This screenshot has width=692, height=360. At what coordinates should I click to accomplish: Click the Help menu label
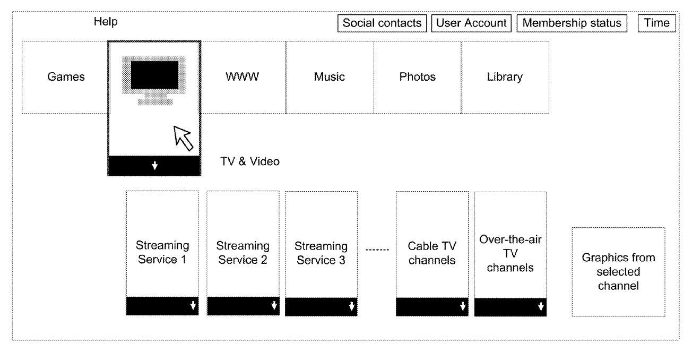(x=106, y=22)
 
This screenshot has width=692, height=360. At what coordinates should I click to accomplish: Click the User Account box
(x=471, y=23)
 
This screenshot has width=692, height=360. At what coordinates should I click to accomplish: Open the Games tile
(x=65, y=77)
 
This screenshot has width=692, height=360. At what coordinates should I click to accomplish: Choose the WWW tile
(x=243, y=77)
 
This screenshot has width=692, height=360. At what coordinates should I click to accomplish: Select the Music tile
(x=330, y=77)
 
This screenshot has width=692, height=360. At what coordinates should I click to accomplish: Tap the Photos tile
(x=418, y=77)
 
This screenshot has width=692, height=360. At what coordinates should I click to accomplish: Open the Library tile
(x=505, y=77)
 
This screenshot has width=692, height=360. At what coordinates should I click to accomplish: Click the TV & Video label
(x=249, y=161)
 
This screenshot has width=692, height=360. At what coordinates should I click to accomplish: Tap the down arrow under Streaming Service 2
(x=274, y=305)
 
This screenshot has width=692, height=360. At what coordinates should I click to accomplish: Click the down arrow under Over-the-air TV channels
(x=541, y=306)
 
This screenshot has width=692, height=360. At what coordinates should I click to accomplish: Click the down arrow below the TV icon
(x=154, y=166)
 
